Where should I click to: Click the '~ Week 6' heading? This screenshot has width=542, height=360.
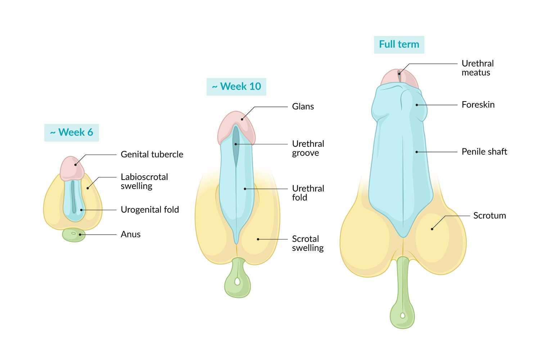click(x=71, y=132)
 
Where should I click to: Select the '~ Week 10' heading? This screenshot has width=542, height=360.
click(x=236, y=87)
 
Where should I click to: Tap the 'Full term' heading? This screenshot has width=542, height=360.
click(x=399, y=45)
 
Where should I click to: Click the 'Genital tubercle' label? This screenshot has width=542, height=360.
click(x=152, y=154)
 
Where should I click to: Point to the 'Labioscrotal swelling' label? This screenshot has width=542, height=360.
click(x=144, y=181)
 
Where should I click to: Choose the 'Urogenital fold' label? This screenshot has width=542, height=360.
click(x=150, y=210)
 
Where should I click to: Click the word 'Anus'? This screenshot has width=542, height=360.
click(x=131, y=234)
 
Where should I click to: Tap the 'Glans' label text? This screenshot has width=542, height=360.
click(x=303, y=107)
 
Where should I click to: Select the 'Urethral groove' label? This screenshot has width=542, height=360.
click(x=308, y=148)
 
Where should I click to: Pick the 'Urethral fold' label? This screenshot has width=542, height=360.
click(x=308, y=193)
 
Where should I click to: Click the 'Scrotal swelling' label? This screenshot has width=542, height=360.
click(x=308, y=243)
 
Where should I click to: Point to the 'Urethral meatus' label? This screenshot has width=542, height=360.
click(x=477, y=68)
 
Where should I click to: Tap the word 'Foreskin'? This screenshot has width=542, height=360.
click(x=478, y=105)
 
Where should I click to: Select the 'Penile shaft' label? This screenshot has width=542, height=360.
click(x=484, y=152)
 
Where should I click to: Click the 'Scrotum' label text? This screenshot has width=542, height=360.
click(x=489, y=216)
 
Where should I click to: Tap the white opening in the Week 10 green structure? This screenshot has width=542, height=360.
click(x=237, y=281)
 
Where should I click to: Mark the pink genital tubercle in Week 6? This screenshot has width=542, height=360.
click(x=72, y=168)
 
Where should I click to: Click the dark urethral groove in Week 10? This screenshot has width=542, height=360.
click(x=236, y=144)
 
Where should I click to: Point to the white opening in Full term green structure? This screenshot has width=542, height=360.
click(x=402, y=316)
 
